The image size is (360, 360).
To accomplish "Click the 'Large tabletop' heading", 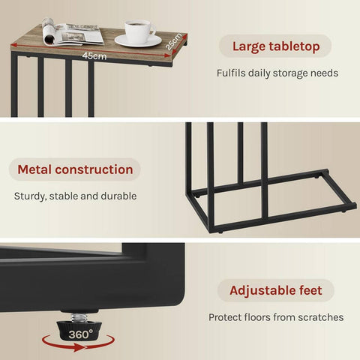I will [x=276, y=47].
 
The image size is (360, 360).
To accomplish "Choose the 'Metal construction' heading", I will [x=74, y=169].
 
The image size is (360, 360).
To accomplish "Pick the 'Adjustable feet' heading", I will [x=276, y=290].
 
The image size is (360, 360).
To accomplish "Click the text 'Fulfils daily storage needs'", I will [x=276, y=73].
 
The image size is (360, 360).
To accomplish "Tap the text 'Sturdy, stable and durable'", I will [x=75, y=196].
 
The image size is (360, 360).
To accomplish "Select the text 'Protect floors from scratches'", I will [x=276, y=317].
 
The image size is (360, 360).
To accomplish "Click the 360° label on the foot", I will [x=82, y=332].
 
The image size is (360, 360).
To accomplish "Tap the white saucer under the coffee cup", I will [x=139, y=41].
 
